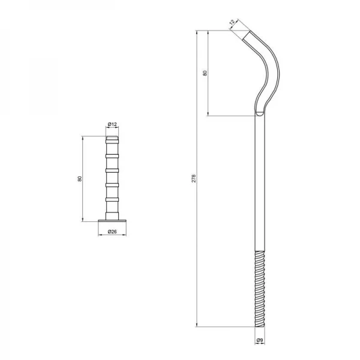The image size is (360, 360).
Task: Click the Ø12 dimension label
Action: click(112, 124)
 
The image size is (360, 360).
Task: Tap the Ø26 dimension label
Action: click(112, 232)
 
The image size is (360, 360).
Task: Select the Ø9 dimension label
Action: click(260, 340)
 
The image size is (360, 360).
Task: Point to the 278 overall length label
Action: click(194, 178)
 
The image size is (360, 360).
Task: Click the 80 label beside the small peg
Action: click(80, 179)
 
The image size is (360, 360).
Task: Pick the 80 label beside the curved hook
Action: click(205, 73)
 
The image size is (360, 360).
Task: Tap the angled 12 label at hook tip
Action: click(232, 22)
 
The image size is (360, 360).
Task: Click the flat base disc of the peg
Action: click(112, 221)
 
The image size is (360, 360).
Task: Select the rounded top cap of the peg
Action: click(112, 138)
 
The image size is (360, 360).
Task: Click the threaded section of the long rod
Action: click(260, 289)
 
